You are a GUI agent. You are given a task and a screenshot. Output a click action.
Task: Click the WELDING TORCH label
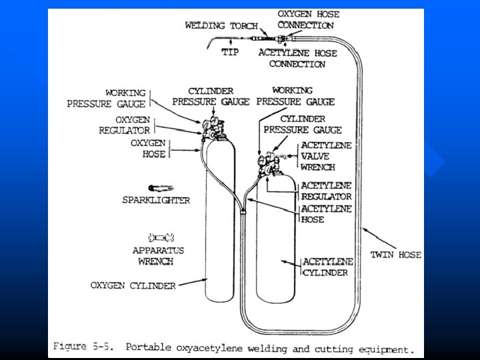pyautogui.click(x=219, y=25)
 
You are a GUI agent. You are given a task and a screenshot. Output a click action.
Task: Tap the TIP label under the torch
pyautogui.click(x=230, y=52)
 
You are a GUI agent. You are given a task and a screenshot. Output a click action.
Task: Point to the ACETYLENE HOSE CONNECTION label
pyautogui.click(x=297, y=58)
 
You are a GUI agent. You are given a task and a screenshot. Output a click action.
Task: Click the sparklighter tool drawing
pyautogui.click(x=161, y=188)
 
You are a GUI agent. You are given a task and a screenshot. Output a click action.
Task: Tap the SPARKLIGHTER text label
pyautogui.click(x=156, y=200)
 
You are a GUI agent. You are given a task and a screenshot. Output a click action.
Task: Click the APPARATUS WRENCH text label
pyautogui.click(x=158, y=256)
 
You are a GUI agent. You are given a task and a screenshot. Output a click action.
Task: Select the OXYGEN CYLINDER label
pyautogui.click(x=133, y=285)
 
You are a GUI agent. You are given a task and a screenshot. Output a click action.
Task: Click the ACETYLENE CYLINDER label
pyautogui.click(x=327, y=267)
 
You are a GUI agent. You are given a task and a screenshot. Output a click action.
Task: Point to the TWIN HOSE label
pyautogui.click(x=396, y=255)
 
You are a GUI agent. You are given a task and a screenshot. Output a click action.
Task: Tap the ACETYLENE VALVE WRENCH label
pyautogui.click(x=327, y=156)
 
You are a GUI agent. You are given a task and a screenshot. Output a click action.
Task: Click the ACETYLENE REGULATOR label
pyautogui.click(x=326, y=191)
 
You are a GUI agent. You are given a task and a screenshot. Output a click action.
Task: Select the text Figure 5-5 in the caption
pyautogui.click(x=81, y=347)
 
